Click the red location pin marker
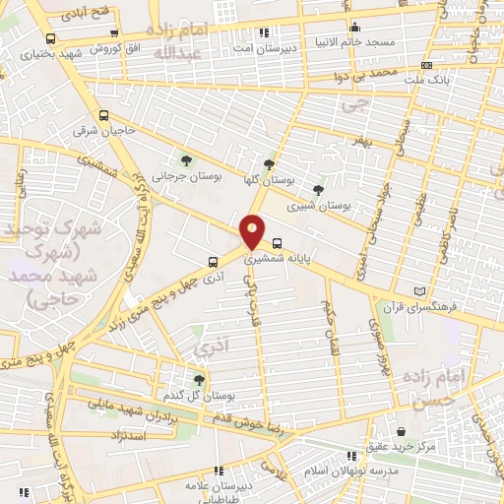[252, 232]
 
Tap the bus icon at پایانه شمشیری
[276, 244]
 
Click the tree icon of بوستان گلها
[269, 163]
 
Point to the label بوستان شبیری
[320, 207]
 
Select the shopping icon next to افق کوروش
[114, 34]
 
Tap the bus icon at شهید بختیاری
[50, 38]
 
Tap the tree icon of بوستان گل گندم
[200, 379]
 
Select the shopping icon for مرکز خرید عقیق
[401, 431]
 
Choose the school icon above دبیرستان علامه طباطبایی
[218, 471]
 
